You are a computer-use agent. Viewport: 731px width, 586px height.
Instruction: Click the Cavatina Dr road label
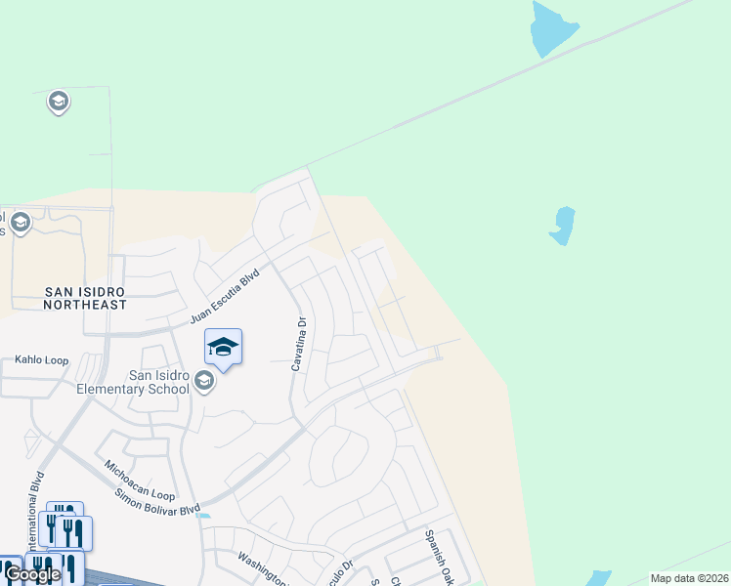[300, 343]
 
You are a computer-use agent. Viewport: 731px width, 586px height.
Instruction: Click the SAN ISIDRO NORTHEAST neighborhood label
[85, 298]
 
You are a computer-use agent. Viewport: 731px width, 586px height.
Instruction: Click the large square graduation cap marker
[223, 347]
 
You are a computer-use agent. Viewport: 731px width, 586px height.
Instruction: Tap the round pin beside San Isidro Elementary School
[204, 380]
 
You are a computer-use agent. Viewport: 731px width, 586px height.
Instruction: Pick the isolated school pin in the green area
[58, 101]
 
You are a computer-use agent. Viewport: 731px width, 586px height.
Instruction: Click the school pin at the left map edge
[20, 224]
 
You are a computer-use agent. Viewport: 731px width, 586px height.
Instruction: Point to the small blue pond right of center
[562, 226]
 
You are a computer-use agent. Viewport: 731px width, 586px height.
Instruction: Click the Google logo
[32, 574]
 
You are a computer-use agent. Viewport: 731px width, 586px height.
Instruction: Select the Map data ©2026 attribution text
[688, 578]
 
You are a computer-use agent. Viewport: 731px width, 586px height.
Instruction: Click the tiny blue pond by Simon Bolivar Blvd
[203, 516]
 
